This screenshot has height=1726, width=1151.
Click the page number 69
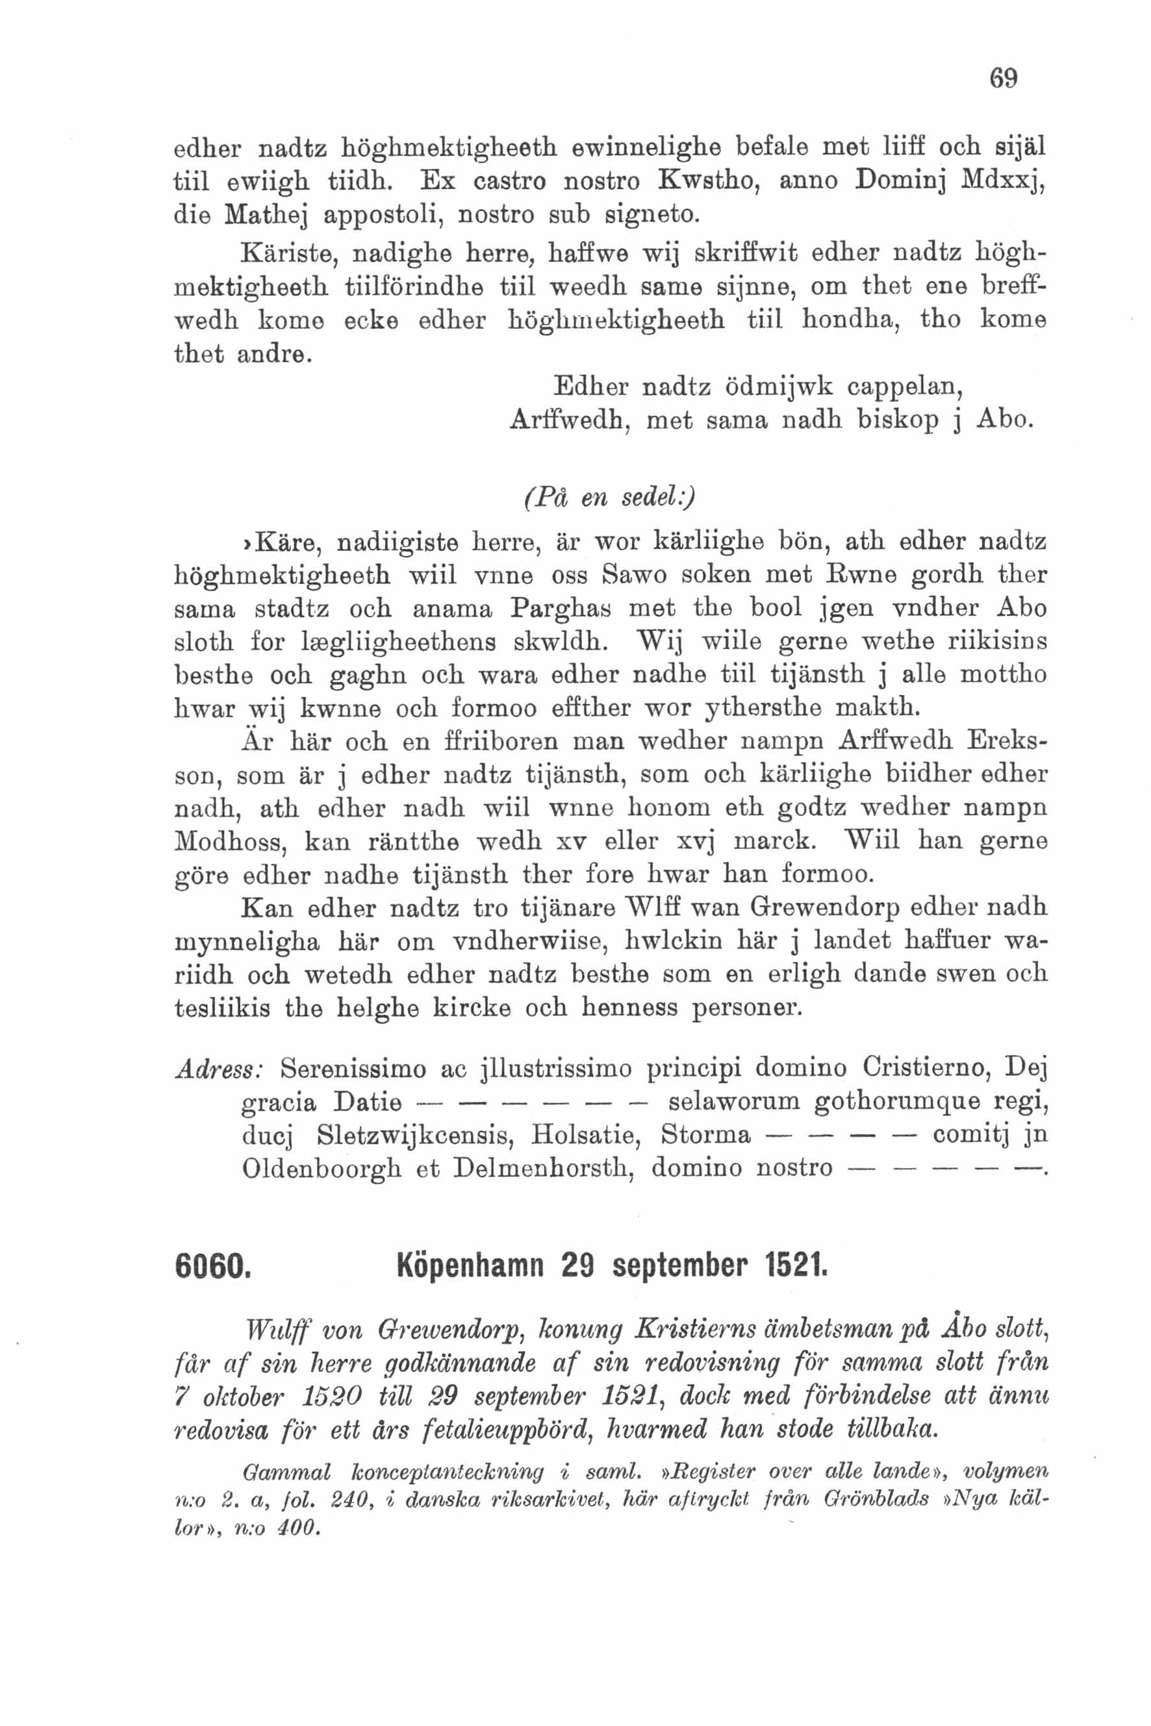point(1004,78)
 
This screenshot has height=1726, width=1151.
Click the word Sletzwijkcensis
point(409,1135)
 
